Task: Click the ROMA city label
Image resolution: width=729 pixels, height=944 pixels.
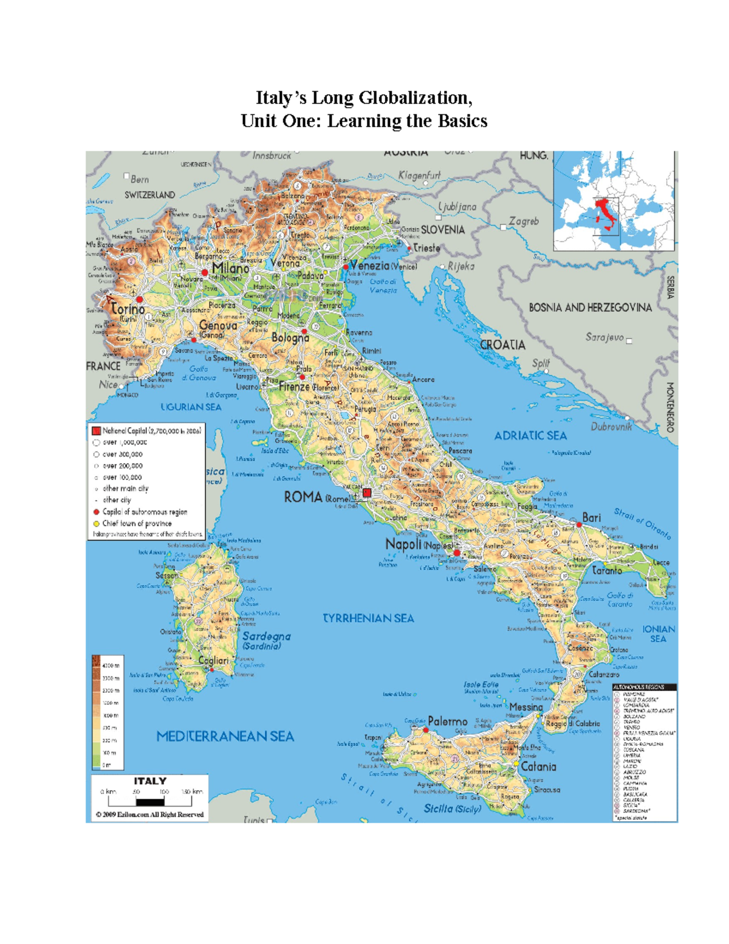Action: pyautogui.click(x=303, y=497)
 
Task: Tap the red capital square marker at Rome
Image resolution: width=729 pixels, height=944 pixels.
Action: pyautogui.click(x=367, y=494)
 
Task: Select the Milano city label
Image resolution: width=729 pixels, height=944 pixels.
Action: pyautogui.click(x=230, y=268)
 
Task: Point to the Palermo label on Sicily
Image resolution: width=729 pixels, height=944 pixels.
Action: pyautogui.click(x=448, y=722)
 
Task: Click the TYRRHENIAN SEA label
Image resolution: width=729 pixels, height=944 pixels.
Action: pyautogui.click(x=368, y=618)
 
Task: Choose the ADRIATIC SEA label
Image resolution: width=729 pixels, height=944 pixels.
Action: pyautogui.click(x=530, y=436)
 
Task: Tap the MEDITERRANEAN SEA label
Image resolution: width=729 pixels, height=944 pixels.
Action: pyautogui.click(x=225, y=737)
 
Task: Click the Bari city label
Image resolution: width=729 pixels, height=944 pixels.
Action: pyautogui.click(x=591, y=518)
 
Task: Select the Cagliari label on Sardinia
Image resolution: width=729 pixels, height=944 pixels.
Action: pyautogui.click(x=213, y=660)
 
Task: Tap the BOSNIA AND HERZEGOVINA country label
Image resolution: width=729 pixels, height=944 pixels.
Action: pyautogui.click(x=590, y=308)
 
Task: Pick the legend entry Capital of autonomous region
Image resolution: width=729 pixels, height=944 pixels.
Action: pyautogui.click(x=145, y=512)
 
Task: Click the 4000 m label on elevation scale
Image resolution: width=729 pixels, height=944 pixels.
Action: pyautogui.click(x=111, y=666)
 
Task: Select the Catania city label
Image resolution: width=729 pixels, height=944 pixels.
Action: pyautogui.click(x=538, y=767)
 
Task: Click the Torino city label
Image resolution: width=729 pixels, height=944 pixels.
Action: pyautogui.click(x=128, y=309)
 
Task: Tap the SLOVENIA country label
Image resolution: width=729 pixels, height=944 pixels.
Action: pyautogui.click(x=442, y=230)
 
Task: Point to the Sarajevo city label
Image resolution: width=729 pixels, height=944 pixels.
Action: pyautogui.click(x=604, y=337)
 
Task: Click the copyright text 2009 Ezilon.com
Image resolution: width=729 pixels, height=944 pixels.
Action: pyautogui.click(x=149, y=815)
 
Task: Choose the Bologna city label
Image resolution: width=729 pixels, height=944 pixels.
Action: pyautogui.click(x=290, y=338)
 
